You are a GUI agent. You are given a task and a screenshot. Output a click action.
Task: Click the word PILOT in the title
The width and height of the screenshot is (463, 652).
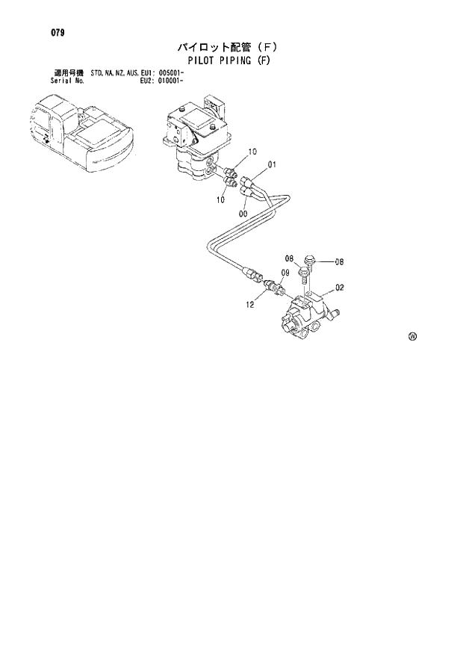click(206, 60)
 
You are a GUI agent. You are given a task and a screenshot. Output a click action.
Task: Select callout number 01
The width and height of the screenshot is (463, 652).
click(273, 165)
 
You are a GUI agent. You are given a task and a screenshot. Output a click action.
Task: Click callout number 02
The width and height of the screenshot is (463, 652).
click(339, 287)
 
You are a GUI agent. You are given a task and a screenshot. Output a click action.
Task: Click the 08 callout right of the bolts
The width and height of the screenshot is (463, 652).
click(339, 261)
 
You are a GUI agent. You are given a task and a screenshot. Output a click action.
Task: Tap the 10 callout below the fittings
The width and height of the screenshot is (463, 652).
click(221, 199)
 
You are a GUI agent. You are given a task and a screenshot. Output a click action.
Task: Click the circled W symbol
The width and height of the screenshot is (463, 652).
click(412, 336)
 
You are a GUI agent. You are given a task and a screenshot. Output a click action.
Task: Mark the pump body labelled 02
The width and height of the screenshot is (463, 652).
click(306, 317)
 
